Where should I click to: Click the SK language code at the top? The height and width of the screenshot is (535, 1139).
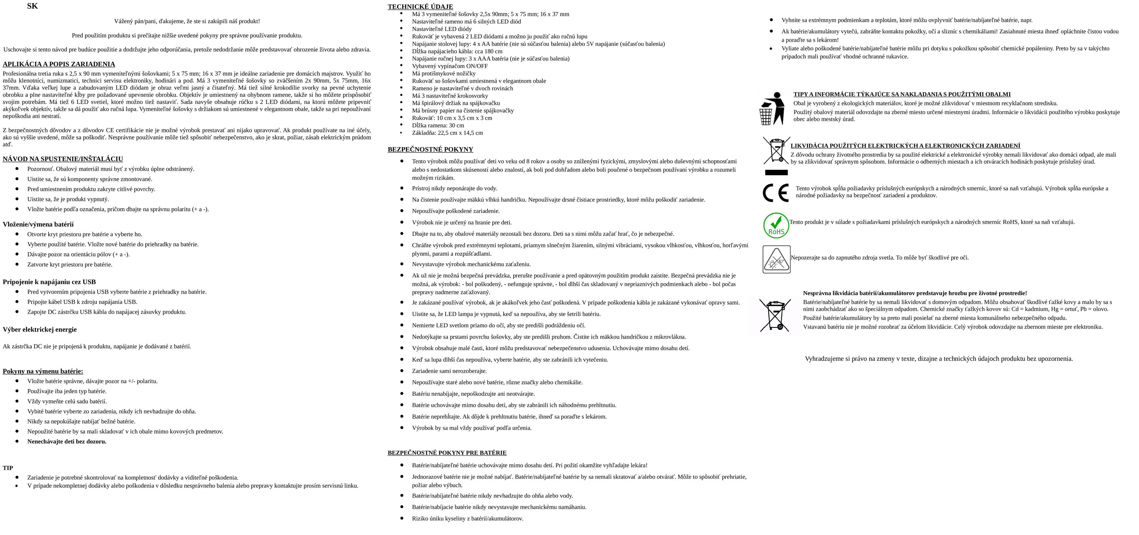point(32,6)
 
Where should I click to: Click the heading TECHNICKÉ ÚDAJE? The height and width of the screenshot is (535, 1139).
point(420,7)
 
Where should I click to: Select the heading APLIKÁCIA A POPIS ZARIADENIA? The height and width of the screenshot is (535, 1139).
point(59,64)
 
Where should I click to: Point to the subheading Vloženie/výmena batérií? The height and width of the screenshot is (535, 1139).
point(38,224)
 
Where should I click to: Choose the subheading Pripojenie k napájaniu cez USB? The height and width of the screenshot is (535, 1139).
point(49,282)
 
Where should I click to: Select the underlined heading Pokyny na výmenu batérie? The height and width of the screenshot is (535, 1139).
point(43,371)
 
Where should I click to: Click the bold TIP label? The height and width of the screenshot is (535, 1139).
point(8,468)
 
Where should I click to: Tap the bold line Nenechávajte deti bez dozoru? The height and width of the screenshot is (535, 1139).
point(67,441)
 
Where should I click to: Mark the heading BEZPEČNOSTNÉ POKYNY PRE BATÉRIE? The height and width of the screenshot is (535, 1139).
point(447,453)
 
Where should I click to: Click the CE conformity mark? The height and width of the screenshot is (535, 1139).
point(776,193)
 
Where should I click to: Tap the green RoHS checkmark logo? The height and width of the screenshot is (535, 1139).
point(776,226)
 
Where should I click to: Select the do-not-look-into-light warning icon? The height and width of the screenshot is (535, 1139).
point(777,259)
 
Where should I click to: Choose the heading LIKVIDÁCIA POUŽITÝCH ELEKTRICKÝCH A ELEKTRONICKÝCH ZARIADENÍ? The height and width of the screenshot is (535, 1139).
point(905,146)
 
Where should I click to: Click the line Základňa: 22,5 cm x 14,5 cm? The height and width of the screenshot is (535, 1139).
point(448,133)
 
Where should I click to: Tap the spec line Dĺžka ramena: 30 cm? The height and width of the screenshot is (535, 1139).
point(438,126)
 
